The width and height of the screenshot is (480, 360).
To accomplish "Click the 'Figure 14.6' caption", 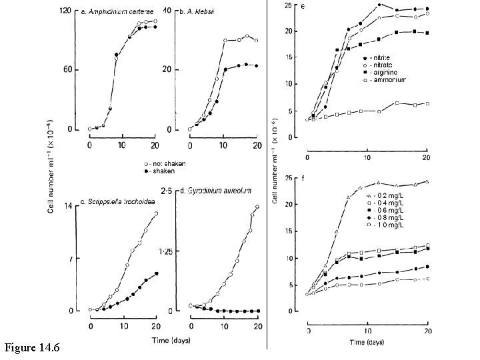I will pyautogui.click(x=32, y=347).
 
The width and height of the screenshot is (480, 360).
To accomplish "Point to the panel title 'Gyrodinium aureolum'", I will pyautogui.click(x=221, y=191).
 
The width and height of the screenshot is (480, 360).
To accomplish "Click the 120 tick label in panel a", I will pyautogui.click(x=66, y=11).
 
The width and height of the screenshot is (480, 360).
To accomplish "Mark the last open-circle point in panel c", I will pyautogui.click(x=157, y=213).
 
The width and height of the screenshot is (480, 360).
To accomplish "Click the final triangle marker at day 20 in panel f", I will pyautogui.click(x=426, y=181).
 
